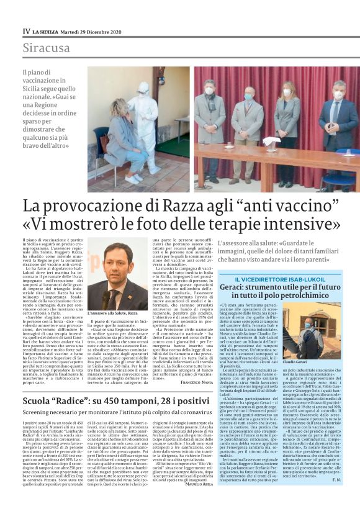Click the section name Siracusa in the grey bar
[46, 48]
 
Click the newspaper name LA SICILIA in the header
[47, 31]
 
